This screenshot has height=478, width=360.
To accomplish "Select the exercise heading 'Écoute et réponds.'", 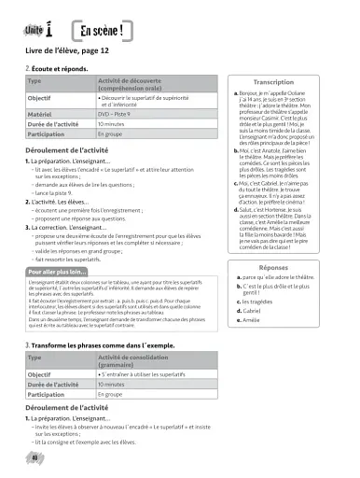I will pyautogui.click(x=60, y=72).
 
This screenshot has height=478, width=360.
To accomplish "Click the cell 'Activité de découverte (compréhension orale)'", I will pyautogui.click(x=136, y=88).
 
